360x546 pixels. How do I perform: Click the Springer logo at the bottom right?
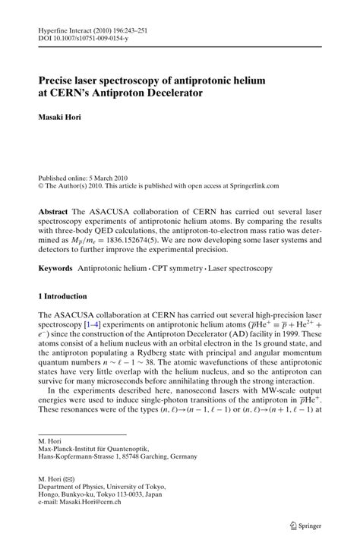[311, 525]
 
